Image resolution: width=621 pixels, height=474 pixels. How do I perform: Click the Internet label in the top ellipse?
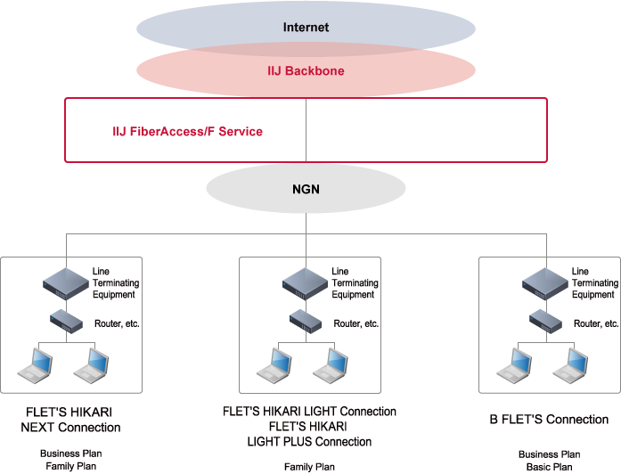[x=306, y=28]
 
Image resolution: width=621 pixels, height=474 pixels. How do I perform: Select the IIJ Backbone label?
[x=306, y=70]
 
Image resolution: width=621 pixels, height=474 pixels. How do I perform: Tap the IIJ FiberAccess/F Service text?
[x=187, y=132]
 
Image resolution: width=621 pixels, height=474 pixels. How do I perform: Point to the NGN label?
[x=306, y=189]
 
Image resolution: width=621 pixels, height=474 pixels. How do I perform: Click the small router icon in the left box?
[x=67, y=319]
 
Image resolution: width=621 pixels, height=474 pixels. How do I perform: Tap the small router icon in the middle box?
[x=306, y=319]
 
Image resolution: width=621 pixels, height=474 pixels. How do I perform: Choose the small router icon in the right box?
[x=545, y=319]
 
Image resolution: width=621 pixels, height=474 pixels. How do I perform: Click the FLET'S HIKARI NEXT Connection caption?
[x=70, y=420]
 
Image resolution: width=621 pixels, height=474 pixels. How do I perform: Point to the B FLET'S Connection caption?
[x=549, y=419]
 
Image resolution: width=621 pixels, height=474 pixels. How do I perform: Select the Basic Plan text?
[x=549, y=466]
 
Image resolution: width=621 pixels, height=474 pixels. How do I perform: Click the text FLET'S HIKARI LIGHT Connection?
[x=309, y=412]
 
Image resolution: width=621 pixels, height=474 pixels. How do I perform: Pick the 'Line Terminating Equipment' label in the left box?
[x=116, y=282]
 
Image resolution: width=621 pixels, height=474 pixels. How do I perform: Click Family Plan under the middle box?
[x=309, y=466]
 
